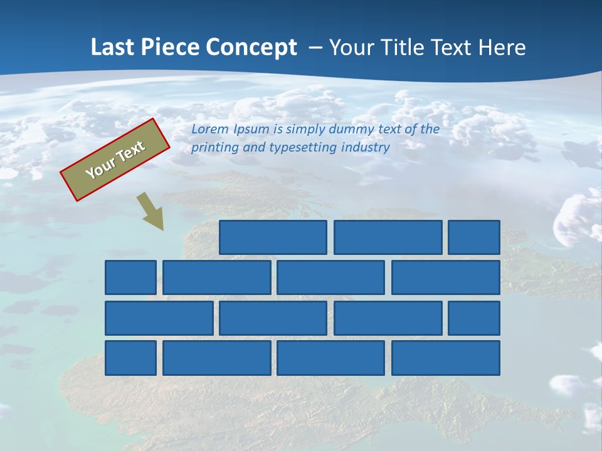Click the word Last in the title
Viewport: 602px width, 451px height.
pos(112,47)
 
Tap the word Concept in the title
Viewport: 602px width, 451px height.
pos(253,48)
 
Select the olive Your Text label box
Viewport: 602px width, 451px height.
pos(115,160)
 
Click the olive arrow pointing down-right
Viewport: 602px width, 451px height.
pos(150,211)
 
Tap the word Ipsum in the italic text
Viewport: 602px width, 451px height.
pos(251,130)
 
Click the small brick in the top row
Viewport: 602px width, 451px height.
pos(474,237)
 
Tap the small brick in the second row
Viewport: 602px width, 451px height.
pos(130,277)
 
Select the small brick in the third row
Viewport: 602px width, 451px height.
pos(474,318)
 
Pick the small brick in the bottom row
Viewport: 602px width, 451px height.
pos(130,358)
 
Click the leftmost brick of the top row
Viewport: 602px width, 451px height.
pos(273,237)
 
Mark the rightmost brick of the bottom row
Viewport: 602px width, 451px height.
pos(446,358)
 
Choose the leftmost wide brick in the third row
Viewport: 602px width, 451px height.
pos(159,318)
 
